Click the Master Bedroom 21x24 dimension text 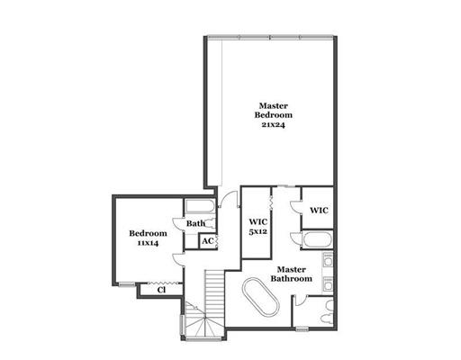273,124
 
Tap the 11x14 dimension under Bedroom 148,243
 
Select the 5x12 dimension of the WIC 258,231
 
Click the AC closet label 208,241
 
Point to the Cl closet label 161,290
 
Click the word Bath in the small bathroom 195,223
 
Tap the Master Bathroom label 292,274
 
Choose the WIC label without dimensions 319,211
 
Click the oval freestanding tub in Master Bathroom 261,297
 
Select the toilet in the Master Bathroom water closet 327,312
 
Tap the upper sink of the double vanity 328,260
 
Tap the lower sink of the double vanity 328,283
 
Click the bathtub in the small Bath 199,207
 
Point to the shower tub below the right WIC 317,240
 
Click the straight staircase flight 214,293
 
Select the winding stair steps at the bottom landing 204,322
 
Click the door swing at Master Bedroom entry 228,198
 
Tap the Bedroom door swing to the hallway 178,259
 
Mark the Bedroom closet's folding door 162,283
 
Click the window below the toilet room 302,329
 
